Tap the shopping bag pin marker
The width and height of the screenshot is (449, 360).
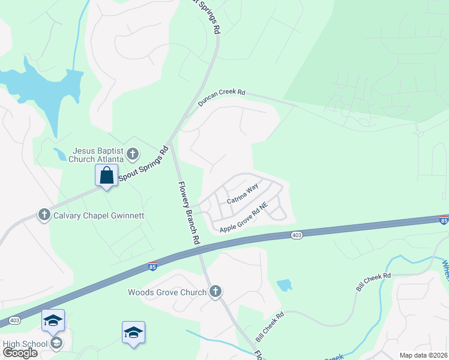[x=106, y=176]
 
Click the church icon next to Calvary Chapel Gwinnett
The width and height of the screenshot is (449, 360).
[x=44, y=215]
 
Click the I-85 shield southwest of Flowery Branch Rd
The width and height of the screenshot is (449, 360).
[x=152, y=266]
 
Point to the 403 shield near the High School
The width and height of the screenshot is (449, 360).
[x=15, y=321]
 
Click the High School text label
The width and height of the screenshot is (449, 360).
[x=24, y=344]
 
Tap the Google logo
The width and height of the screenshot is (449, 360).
[x=20, y=353]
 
